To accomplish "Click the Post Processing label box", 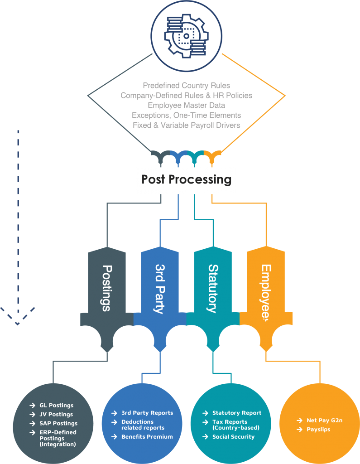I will pyautogui.click(x=186, y=179).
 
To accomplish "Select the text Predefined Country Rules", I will pyautogui.click(x=186, y=85).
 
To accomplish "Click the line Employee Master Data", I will pyautogui.click(x=186, y=105).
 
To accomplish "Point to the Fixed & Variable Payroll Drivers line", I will pyautogui.click(x=186, y=125).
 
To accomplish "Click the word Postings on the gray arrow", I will pyautogui.click(x=107, y=288).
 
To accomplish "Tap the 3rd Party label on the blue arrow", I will pyautogui.click(x=160, y=288).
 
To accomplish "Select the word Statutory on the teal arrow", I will pyautogui.click(x=213, y=288).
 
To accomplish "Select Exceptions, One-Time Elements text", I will pyautogui.click(x=186, y=115).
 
